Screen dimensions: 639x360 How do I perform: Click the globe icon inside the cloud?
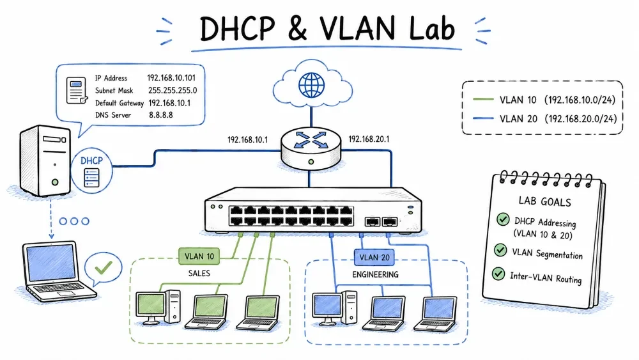coord(311,85)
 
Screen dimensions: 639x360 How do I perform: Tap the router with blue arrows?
coord(311,148)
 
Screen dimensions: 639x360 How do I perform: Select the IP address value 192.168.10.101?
coord(171,78)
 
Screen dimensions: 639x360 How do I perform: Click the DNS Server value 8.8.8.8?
coord(160,115)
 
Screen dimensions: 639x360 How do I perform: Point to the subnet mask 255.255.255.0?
coord(173,91)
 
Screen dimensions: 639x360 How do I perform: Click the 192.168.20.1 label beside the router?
coord(369,139)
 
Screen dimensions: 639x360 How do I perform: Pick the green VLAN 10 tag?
coord(199,256)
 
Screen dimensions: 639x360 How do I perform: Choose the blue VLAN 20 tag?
coord(374,257)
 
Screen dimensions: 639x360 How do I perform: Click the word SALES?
coord(199,273)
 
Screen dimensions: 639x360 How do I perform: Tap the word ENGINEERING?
coord(375,274)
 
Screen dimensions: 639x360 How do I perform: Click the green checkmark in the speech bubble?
coord(103,267)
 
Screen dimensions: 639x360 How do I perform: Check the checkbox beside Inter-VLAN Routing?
coord(498,273)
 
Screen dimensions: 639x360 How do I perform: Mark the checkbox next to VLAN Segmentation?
coord(500,249)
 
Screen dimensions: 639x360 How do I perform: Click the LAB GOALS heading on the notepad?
coord(544,201)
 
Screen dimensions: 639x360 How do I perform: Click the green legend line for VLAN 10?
coord(483,99)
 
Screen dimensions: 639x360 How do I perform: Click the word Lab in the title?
coord(432,29)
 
